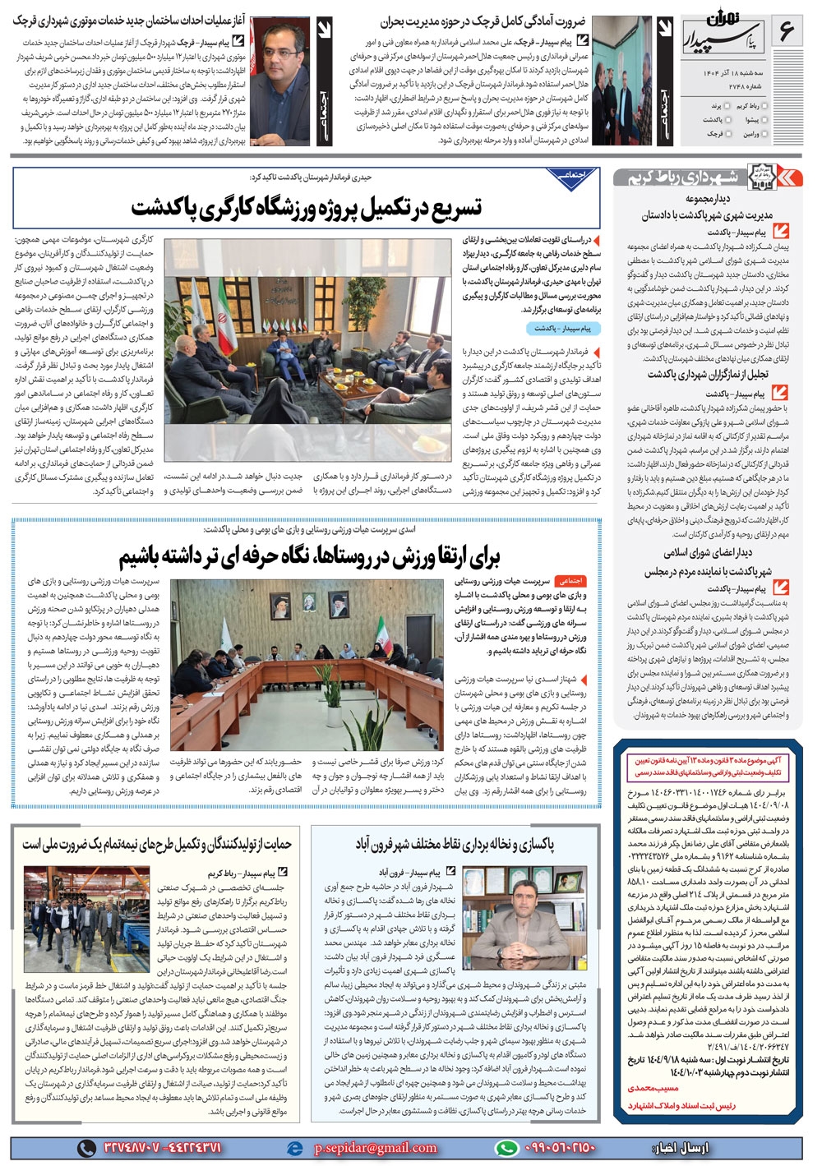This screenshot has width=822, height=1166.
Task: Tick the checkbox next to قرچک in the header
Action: click(x=728, y=133)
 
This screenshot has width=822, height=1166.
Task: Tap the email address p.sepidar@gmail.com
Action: click(x=374, y=1148)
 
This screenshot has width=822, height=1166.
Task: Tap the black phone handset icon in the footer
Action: click(x=87, y=1148)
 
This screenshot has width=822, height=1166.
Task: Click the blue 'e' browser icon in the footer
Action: click(x=295, y=1148)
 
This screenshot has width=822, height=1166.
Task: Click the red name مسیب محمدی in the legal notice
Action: click(x=655, y=1088)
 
